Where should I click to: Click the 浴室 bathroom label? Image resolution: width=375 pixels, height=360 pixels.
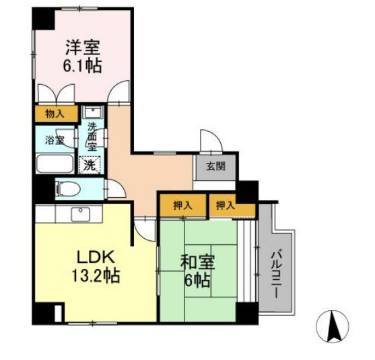point(55,141)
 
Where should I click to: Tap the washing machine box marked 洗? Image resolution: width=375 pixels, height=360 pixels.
point(90,164)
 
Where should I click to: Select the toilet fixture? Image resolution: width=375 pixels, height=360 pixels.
point(67,188)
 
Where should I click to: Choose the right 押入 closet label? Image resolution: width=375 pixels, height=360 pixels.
point(226,205)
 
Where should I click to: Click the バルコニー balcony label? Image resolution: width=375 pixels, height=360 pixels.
point(277,268)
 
